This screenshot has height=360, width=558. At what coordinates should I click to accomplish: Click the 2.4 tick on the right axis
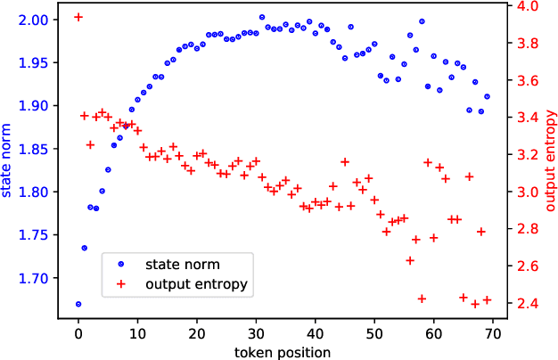point(521,304)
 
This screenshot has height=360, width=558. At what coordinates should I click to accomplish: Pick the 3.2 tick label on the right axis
point(521,155)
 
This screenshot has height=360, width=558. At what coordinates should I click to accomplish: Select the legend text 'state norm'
point(185,265)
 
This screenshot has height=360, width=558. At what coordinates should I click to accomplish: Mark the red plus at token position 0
point(78,17)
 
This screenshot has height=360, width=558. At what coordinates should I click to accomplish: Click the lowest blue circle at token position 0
point(78,304)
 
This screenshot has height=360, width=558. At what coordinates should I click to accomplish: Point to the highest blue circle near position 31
point(262,17)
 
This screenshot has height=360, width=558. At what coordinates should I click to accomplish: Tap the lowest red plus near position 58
point(422,299)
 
